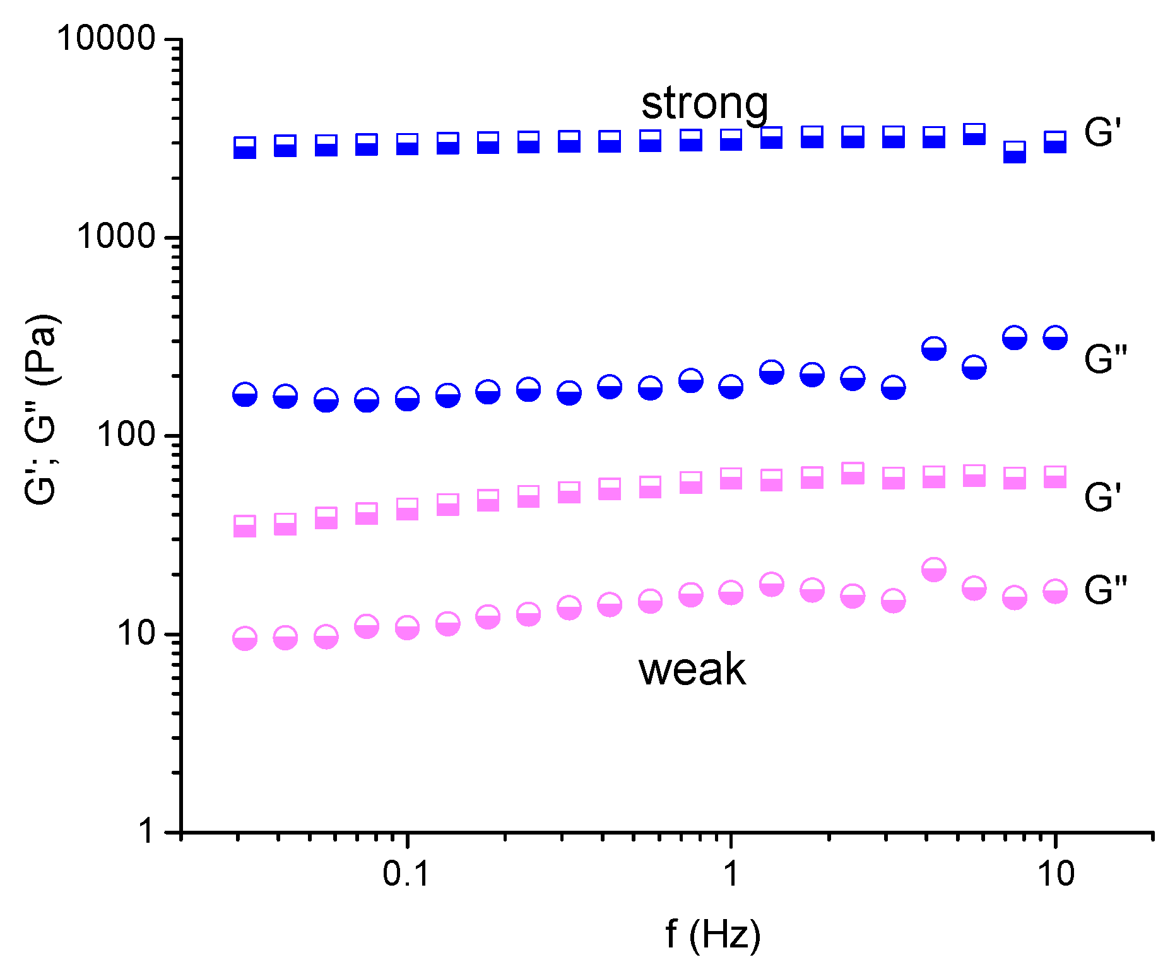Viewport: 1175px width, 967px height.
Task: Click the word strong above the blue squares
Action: (704, 104)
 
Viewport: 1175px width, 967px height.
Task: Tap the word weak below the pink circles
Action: (692, 669)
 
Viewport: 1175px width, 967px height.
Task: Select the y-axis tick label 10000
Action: (106, 38)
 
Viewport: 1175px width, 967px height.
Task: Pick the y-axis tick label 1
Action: (147, 831)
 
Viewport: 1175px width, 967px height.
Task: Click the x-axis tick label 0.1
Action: (406, 874)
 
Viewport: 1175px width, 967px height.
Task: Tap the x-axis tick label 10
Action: (1054, 874)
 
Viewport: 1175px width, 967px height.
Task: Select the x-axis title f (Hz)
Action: (713, 934)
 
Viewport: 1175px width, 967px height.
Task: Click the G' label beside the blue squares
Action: (1102, 132)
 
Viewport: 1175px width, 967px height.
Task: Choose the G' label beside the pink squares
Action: (1102, 497)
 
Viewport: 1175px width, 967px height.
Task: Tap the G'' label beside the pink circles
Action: (1106, 590)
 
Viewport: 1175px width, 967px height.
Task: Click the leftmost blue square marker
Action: (245, 147)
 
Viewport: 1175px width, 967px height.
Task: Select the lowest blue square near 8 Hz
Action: (1014, 152)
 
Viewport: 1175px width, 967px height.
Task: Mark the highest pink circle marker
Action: (933, 570)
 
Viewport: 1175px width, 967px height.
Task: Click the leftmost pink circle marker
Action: (245, 638)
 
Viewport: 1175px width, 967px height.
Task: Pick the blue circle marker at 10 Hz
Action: (1054, 338)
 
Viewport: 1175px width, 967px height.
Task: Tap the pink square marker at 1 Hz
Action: (731, 479)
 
